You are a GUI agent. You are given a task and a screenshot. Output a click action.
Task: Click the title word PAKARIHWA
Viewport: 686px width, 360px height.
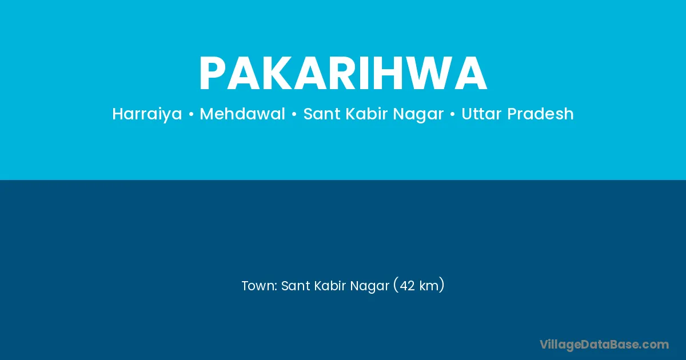[x=343, y=73]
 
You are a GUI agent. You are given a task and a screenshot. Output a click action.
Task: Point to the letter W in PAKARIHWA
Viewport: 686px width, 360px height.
[x=428, y=73]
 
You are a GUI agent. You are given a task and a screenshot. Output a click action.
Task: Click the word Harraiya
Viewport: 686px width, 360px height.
[x=147, y=114]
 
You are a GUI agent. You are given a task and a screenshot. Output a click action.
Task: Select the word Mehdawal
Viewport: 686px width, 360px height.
[x=242, y=114]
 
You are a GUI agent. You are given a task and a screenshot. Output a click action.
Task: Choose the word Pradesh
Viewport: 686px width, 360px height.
[x=541, y=114]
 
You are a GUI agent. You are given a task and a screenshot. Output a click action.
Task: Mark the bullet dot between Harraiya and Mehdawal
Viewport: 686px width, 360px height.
[x=191, y=115]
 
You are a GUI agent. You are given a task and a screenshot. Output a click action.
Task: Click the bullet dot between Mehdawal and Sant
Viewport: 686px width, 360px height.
[x=294, y=115]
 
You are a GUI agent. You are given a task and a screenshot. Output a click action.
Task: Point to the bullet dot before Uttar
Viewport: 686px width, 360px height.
[x=452, y=115]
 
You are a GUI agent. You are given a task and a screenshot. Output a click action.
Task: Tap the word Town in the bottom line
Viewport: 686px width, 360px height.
[x=258, y=286]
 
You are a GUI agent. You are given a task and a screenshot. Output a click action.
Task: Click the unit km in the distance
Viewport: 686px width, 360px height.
[x=429, y=286]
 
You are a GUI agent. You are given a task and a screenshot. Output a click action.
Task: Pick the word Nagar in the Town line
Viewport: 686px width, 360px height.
[x=370, y=286]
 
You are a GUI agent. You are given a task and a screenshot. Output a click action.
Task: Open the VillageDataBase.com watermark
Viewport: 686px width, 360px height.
[x=604, y=345]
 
